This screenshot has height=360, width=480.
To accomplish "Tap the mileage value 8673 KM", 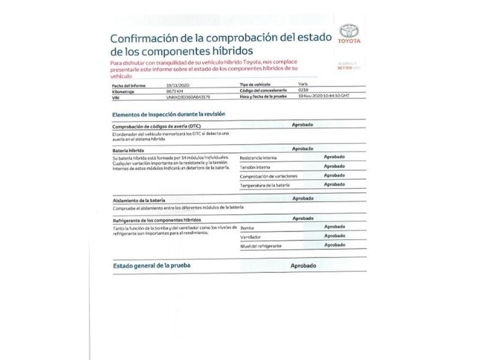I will [x=175, y=91].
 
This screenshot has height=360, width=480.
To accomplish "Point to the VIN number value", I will [x=188, y=96].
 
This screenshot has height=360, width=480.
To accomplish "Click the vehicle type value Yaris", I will [x=302, y=85].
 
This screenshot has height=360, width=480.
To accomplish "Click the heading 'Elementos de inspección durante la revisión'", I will [x=169, y=114].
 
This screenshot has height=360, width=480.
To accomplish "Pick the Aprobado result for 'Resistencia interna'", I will [x=334, y=157].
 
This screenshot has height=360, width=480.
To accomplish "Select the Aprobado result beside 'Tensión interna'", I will [x=334, y=166].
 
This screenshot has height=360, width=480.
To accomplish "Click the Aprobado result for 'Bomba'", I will [x=334, y=227].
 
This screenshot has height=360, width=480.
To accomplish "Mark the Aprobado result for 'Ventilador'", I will [x=334, y=236].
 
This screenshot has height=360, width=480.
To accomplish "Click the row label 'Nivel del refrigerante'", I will [x=261, y=247].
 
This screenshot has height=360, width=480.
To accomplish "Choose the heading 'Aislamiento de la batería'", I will [x=139, y=199].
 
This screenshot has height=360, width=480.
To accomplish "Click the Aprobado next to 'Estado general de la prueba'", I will [x=303, y=265].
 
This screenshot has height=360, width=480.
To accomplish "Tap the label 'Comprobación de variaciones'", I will [x=268, y=176].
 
